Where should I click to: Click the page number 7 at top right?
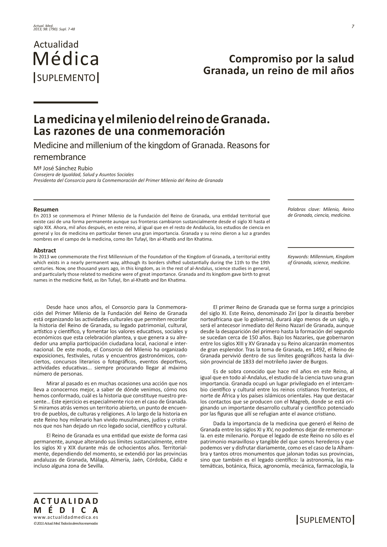[353, 26]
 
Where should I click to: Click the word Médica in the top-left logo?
[66, 59]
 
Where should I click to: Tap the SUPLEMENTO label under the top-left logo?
[66, 78]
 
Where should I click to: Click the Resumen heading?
[46, 209]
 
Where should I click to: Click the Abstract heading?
[45, 250]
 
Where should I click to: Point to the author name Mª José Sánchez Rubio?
[63, 168]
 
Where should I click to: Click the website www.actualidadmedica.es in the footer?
[66, 517]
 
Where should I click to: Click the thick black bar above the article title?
[66, 103]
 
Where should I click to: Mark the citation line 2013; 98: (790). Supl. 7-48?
[54, 29]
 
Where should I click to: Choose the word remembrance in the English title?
[60, 157]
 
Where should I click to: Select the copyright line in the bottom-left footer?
[66, 523]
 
